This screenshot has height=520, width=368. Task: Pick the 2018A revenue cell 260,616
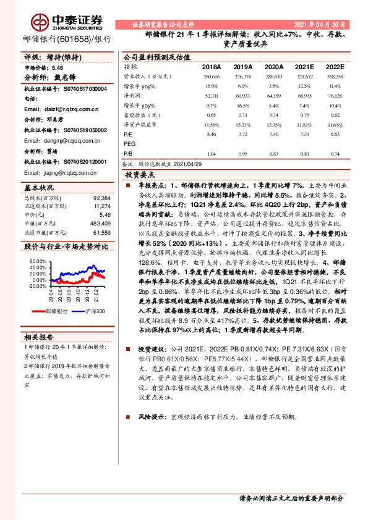tap(212, 76)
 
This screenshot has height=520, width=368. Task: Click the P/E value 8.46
tap(212, 134)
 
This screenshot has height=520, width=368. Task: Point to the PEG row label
tap(129, 143)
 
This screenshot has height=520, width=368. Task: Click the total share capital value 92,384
tap(101, 198)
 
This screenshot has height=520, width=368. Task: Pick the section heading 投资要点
tap(142, 175)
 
